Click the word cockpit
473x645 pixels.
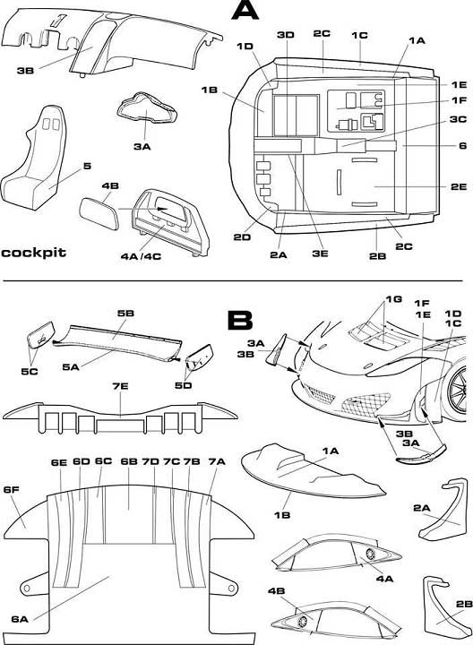click(x=33, y=252)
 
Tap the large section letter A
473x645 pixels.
click(x=245, y=10)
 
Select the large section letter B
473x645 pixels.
click(x=240, y=321)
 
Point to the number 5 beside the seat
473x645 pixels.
click(x=87, y=167)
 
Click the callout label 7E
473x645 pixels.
click(x=120, y=387)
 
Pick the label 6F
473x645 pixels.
click(x=11, y=489)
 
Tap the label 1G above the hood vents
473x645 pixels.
click(x=393, y=299)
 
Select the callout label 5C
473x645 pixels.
click(x=30, y=371)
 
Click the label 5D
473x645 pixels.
click(x=184, y=385)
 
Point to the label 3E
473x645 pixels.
click(x=320, y=254)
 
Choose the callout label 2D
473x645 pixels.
click(x=242, y=237)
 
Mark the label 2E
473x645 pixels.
click(x=459, y=186)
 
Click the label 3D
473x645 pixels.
click(x=286, y=35)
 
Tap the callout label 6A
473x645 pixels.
click(x=20, y=619)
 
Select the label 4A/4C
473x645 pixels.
click(x=141, y=257)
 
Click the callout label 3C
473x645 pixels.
click(x=458, y=119)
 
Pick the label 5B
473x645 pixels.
click(x=125, y=313)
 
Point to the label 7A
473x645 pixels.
click(x=217, y=461)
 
